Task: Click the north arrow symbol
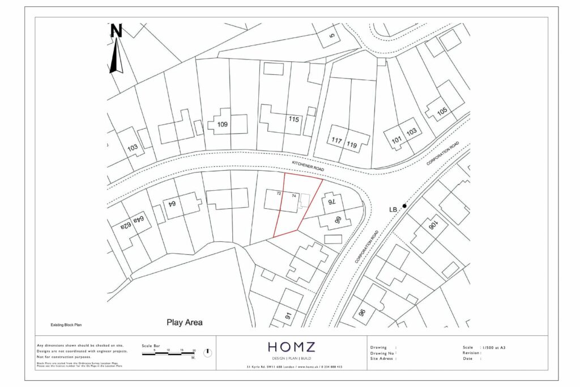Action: (117, 49)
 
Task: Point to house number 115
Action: (293, 120)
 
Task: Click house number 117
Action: (337, 140)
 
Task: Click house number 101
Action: (396, 136)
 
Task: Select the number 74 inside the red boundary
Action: (294, 195)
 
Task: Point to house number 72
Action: (279, 194)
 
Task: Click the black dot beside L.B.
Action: (404, 205)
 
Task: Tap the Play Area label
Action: (184, 322)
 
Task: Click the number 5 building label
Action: (332, 37)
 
